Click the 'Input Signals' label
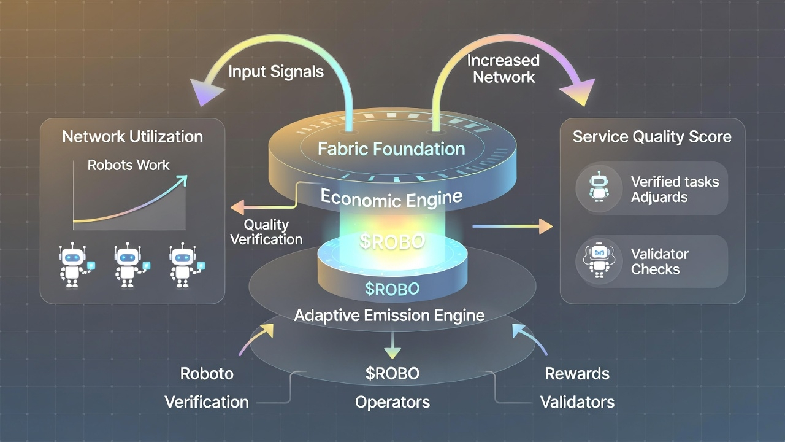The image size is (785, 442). tap(276, 71)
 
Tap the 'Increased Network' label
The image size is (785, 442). tap(503, 69)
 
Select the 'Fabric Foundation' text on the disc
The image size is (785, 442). tap(392, 149)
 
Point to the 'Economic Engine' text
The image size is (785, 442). tap(391, 198)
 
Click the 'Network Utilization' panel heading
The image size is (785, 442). tap(132, 136)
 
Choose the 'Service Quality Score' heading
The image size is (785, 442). tap(652, 136)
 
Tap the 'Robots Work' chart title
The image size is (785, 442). tap(129, 165)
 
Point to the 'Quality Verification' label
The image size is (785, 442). tap(266, 232)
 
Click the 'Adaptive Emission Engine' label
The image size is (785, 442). tap(389, 316)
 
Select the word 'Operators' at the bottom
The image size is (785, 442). tap(392, 402)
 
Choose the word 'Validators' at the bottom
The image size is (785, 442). tap(577, 402)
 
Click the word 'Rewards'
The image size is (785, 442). tap(577, 373)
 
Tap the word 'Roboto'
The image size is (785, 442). tap(207, 373)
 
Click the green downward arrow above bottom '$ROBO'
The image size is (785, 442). tap(392, 351)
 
